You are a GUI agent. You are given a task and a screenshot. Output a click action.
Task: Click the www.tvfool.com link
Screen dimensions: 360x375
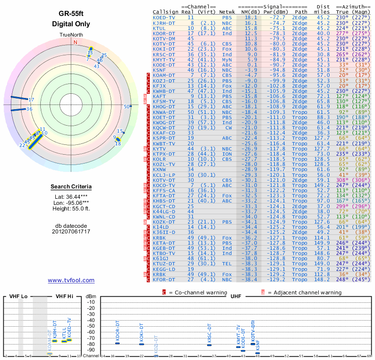click(71, 280)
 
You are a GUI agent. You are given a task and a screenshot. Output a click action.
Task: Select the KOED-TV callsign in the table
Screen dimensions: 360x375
click(164, 17)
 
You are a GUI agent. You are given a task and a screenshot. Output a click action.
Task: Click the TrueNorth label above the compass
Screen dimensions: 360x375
click(71, 35)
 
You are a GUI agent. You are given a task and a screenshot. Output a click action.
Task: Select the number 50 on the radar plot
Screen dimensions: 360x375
click(126, 107)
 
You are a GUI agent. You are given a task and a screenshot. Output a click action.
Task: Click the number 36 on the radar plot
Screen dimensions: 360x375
click(29, 109)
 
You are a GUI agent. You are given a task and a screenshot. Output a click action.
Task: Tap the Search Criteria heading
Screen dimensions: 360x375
click(71, 187)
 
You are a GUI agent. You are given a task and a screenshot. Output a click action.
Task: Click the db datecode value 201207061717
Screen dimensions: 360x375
click(71, 231)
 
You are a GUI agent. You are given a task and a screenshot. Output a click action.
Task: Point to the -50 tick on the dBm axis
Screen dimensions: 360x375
click(91, 326)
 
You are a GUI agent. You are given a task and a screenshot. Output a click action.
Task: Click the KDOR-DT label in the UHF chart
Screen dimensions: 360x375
click(118, 330)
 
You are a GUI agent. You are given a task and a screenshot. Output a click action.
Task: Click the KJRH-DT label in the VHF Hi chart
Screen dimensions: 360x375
click(55, 329)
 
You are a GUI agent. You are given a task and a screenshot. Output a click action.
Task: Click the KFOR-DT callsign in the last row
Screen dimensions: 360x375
click(164, 279)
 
